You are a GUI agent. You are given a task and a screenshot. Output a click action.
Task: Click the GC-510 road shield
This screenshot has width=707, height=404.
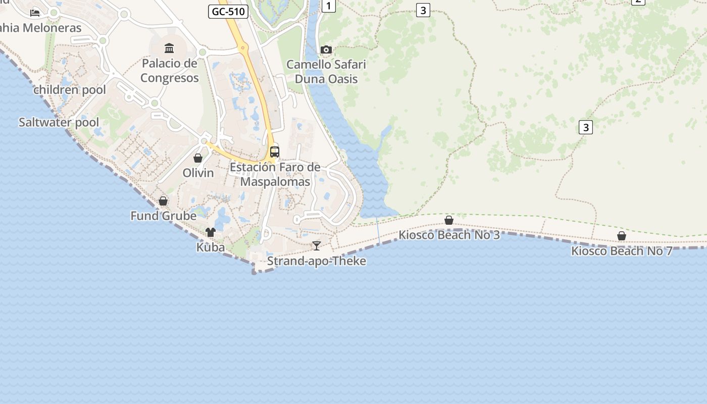click(228, 12)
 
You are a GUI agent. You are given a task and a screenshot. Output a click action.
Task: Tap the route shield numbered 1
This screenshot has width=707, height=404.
click(329, 6)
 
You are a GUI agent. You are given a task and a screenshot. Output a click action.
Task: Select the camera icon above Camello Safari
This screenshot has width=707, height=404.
click(326, 49)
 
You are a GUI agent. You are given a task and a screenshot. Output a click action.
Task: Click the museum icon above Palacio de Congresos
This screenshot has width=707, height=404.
click(169, 48)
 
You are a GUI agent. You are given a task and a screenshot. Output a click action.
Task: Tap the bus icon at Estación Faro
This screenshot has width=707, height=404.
click(275, 151)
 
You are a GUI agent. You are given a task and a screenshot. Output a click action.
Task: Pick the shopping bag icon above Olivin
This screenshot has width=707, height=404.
click(198, 158)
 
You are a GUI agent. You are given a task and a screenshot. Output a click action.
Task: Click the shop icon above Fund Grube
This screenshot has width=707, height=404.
click(163, 201)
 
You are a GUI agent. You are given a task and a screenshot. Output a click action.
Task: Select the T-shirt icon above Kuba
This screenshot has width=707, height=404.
click(211, 232)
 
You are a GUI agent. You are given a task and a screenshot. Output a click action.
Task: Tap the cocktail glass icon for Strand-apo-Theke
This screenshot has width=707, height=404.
click(317, 246)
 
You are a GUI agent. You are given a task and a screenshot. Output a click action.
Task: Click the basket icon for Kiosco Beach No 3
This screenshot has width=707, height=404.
click(449, 220)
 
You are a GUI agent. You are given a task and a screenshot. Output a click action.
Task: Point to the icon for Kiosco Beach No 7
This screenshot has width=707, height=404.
click(622, 236)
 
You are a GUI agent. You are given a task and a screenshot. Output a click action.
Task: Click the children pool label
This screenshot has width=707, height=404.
click(70, 90)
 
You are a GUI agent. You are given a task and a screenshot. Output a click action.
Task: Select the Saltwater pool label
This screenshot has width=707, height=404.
click(59, 122)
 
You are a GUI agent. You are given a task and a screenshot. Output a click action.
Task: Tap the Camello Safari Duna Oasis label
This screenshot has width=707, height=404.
click(326, 72)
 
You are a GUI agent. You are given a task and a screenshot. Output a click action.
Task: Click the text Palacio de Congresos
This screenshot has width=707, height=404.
click(170, 71)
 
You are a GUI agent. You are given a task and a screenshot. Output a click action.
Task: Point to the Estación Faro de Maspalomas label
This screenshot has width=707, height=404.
click(275, 174)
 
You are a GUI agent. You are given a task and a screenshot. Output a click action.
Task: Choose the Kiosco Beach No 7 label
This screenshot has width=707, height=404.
click(622, 251)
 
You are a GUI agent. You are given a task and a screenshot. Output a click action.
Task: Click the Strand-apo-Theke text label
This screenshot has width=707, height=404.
click(317, 261)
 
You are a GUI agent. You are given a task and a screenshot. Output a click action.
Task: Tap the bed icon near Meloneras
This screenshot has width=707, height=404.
click(35, 13)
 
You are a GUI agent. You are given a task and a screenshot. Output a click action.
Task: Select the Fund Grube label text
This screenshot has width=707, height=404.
click(163, 216)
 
